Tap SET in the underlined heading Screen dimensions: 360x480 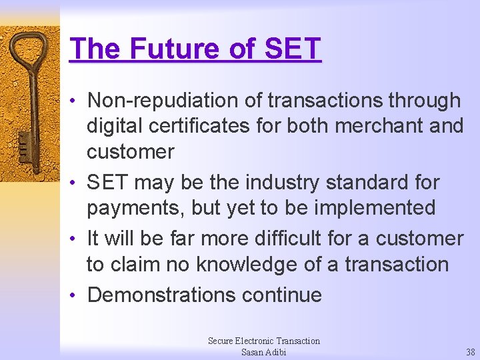coord(293,49)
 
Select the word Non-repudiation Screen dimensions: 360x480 coord(175,101)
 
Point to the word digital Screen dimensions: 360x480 coord(117,126)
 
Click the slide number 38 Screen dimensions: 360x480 coord(471,352)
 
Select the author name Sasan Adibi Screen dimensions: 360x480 coord(263,352)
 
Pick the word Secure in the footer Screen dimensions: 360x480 coord(221,341)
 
